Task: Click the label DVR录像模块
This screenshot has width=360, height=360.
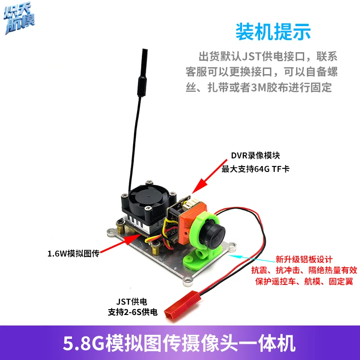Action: [256, 156]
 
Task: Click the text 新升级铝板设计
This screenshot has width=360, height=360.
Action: [304, 260]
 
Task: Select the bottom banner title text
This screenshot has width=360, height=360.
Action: [180, 344]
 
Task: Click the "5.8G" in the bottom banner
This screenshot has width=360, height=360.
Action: [85, 344]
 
